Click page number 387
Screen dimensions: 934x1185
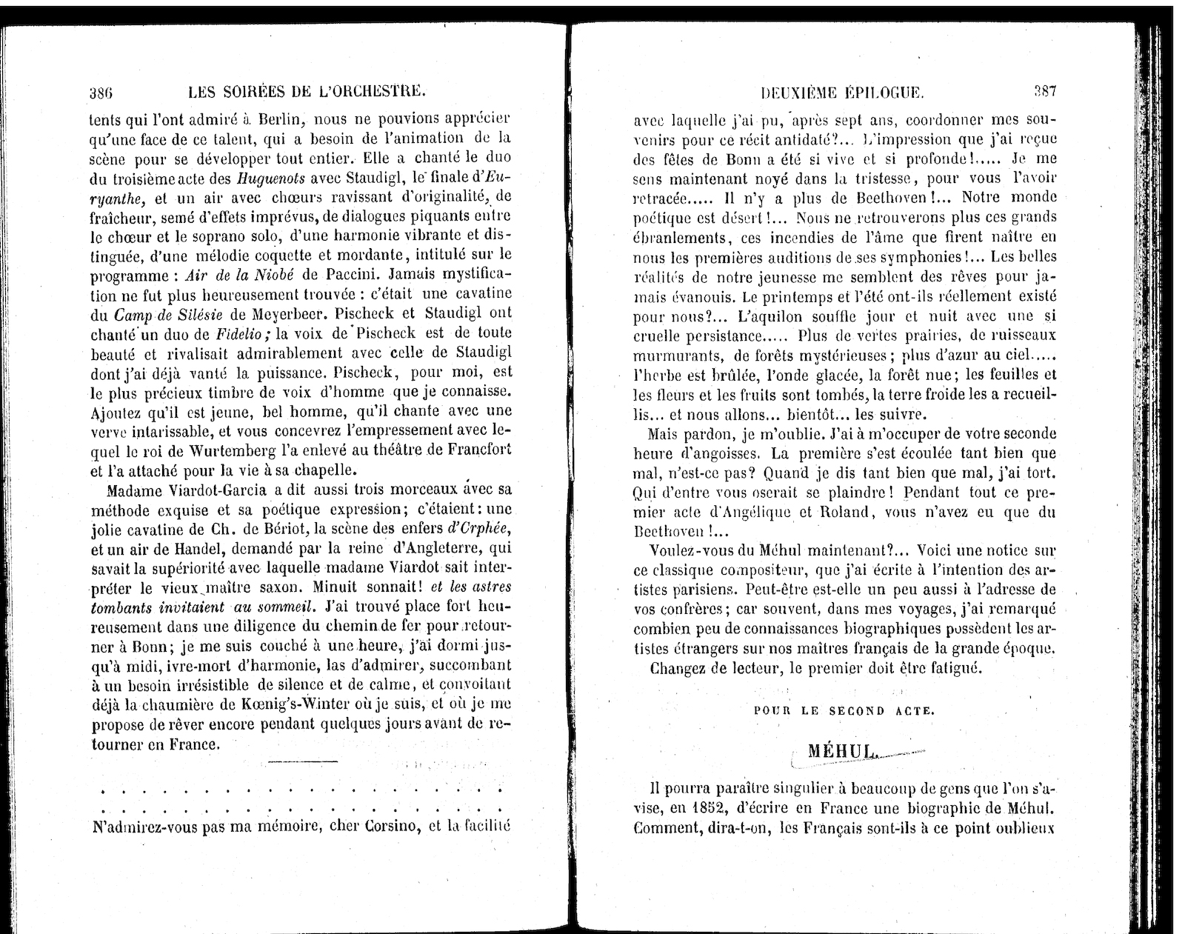pos(1045,92)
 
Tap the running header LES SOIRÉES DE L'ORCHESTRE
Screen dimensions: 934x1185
pos(307,93)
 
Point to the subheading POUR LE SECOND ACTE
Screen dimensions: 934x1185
pos(844,710)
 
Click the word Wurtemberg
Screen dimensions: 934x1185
pos(233,450)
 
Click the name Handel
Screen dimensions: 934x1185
pos(190,549)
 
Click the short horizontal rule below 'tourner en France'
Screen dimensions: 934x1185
pos(301,762)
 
